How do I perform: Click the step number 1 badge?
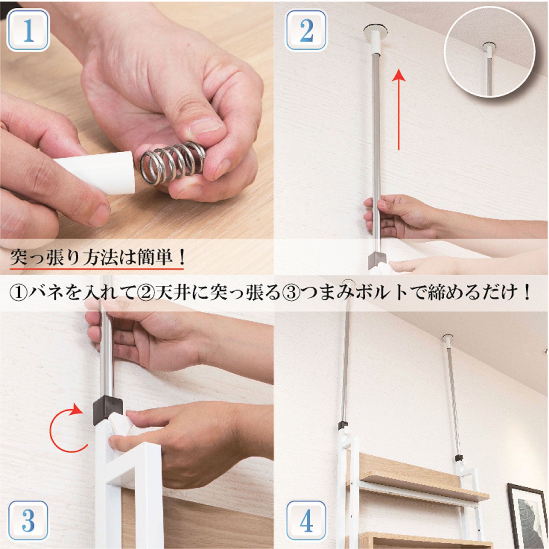28,30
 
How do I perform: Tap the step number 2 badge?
306,30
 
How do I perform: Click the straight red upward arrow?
399,110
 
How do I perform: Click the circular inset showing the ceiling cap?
489,52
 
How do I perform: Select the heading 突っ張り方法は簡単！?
97,257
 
